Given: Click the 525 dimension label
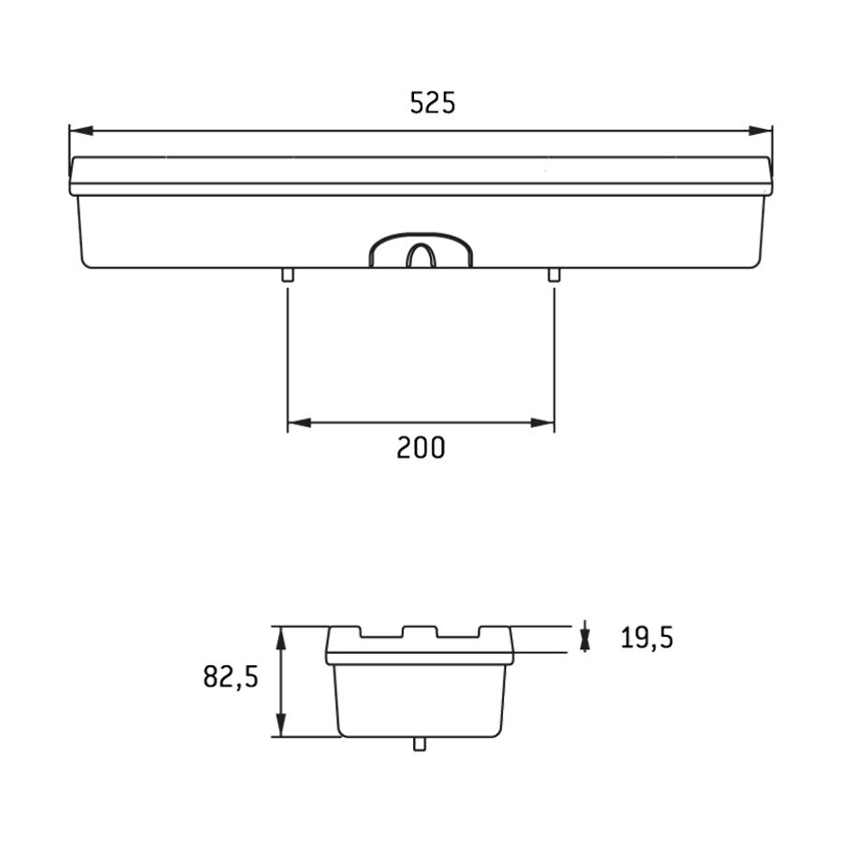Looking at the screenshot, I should click(433, 103).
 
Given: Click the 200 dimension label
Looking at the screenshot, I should click(421, 449).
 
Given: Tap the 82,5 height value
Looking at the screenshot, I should click(229, 677).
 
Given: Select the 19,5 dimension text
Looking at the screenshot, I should click(646, 638).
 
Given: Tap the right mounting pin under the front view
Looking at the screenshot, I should click(554, 274).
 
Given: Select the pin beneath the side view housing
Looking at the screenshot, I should click(419, 744).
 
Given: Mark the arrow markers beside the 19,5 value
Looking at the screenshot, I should click(585, 638).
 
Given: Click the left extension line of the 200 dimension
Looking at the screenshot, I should click(288, 356).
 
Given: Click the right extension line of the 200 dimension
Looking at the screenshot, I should click(554, 356).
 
